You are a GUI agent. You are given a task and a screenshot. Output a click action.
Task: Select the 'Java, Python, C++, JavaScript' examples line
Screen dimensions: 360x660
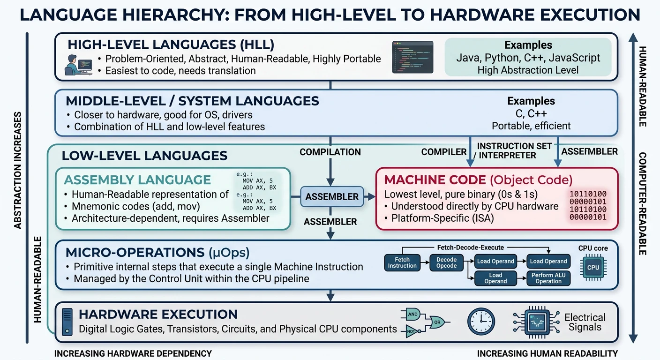pyautogui.click(x=528, y=58)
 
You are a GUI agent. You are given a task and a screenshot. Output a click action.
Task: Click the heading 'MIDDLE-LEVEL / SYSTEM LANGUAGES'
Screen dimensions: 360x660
pyautogui.click(x=192, y=101)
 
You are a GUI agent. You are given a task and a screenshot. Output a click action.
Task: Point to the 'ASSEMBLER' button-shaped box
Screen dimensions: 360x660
pyautogui.click(x=332, y=197)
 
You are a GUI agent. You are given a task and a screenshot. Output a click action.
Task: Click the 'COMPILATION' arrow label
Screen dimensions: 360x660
pyautogui.click(x=330, y=152)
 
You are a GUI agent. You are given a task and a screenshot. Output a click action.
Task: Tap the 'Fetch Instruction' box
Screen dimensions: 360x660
pyautogui.click(x=402, y=262)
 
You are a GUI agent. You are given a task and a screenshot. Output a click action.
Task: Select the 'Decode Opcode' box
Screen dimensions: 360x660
pyautogui.click(x=446, y=262)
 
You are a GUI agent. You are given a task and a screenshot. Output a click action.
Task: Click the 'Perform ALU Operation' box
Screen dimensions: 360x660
pyautogui.click(x=548, y=278)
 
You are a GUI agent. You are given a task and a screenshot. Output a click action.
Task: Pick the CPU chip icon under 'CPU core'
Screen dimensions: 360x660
pyautogui.click(x=593, y=268)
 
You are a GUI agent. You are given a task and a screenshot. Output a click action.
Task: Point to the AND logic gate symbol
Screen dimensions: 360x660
pyautogui.click(x=412, y=315)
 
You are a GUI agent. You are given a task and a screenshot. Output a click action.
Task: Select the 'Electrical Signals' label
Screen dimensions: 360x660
pyautogui.click(x=585, y=322)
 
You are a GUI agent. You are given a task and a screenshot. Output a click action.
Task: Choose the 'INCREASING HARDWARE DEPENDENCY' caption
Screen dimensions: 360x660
pyautogui.click(x=133, y=353)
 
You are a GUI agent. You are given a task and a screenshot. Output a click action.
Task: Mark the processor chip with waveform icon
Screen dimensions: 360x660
pyautogui.click(x=536, y=322)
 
